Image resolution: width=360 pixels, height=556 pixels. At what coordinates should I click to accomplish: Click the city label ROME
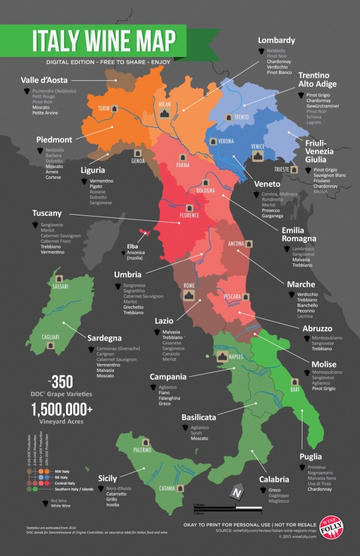pyautogui.click(x=189, y=285)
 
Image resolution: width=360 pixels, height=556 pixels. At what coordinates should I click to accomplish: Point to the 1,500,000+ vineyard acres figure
pyautogui.click(x=63, y=409)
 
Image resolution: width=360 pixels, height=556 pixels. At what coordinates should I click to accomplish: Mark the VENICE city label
pyautogui.click(x=258, y=146)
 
